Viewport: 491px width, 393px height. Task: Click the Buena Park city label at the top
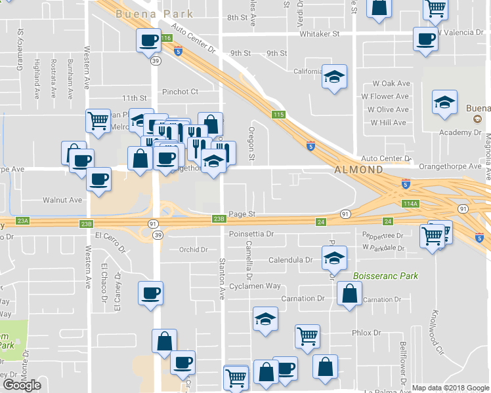point(154,14)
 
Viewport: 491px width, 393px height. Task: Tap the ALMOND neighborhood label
point(358,170)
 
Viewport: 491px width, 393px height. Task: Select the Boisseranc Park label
point(385,276)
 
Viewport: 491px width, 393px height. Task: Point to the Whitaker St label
point(319,33)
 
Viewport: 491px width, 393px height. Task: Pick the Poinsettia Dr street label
point(251,233)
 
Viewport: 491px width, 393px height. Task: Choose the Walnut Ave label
point(62,200)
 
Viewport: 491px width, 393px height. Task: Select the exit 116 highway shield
point(166,39)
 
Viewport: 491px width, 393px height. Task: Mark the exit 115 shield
point(279,115)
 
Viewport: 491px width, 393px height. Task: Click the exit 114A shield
point(410,204)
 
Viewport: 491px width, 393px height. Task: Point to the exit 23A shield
point(24,222)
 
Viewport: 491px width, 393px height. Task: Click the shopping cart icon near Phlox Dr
point(307,335)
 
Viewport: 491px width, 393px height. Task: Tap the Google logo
point(22,385)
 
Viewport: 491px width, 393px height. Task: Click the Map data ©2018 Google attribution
point(450,388)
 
